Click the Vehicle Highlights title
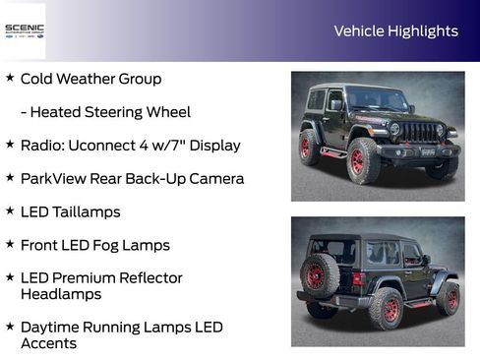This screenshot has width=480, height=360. (395, 31)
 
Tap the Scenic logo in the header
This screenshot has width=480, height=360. (24, 30)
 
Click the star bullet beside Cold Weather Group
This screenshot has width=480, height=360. (10, 77)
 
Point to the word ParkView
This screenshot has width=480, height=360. (54, 179)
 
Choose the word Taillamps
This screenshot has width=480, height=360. (87, 211)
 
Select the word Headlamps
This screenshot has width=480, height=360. (61, 294)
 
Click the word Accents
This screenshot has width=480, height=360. (48, 343)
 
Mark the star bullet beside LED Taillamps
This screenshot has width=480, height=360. (10, 210)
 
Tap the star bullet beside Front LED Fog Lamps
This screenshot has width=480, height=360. (10, 243)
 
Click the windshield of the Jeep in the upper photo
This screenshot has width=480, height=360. (377, 99)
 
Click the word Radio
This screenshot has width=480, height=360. (40, 146)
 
